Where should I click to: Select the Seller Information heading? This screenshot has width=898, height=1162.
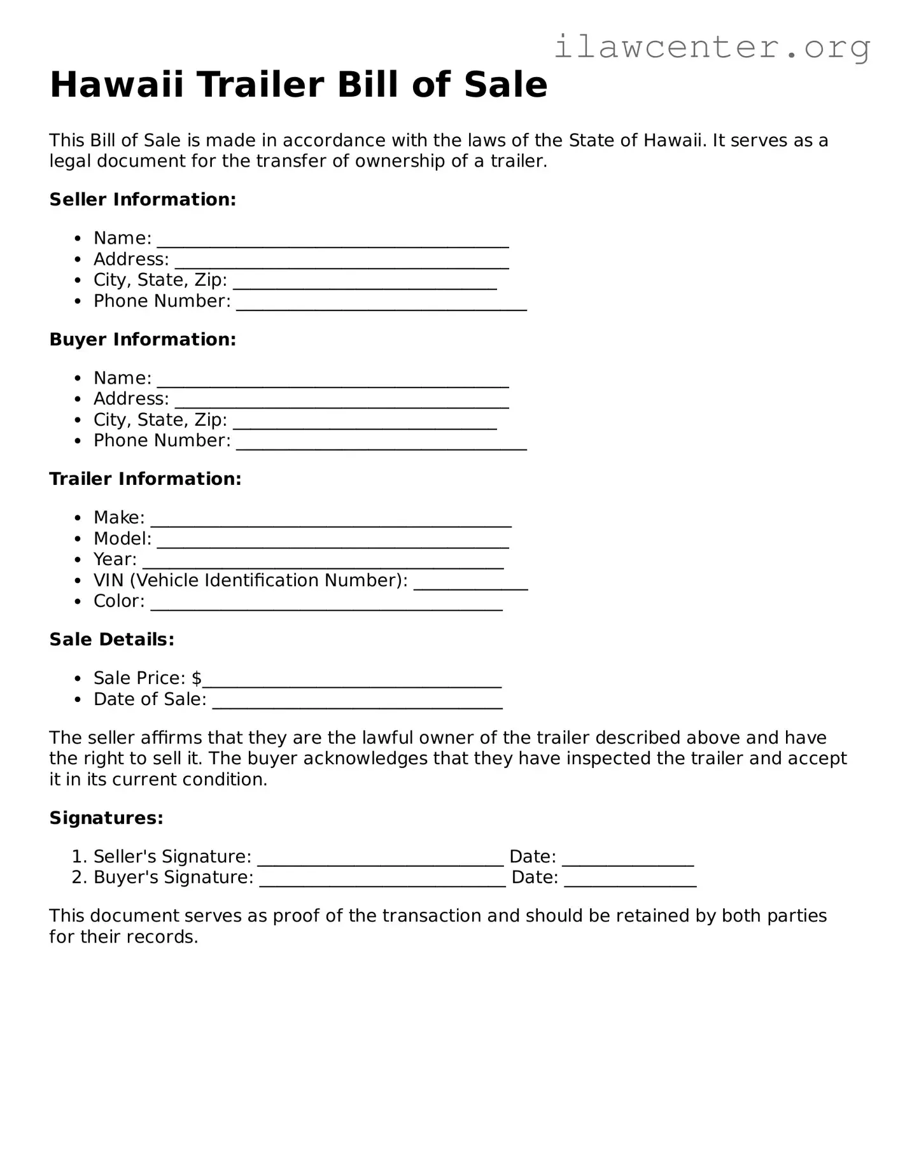coord(143,199)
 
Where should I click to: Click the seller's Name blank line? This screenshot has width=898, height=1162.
coord(332,241)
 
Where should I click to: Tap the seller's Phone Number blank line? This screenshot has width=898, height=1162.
coord(381,304)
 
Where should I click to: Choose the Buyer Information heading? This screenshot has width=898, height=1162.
coord(143,339)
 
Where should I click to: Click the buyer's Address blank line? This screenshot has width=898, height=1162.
coord(341,402)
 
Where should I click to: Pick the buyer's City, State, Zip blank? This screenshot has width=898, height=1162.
coord(365,423)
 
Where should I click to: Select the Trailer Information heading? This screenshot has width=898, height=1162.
coord(145,479)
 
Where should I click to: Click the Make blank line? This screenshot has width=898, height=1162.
coord(331,520)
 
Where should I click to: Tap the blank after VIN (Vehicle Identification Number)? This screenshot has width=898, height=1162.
coord(470,583)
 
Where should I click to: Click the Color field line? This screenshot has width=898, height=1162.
coord(326,604)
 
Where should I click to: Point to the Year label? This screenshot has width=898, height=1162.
coord(115,559)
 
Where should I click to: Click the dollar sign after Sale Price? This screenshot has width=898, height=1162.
coord(197,678)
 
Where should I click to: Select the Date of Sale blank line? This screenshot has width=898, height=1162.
coord(357,702)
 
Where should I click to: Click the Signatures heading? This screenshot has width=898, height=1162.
coord(106,818)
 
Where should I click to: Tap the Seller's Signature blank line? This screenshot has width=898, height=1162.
coord(380,859)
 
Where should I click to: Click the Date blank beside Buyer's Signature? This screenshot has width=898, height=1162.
coord(630,880)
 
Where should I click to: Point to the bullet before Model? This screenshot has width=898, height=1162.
coord(78,539)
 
